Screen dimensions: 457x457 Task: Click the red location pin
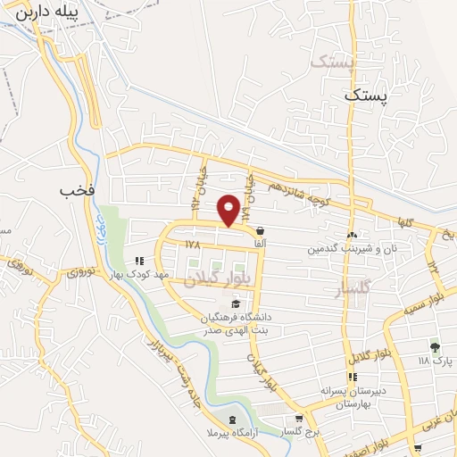click(229, 210)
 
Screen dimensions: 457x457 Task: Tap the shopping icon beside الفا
click(260, 230)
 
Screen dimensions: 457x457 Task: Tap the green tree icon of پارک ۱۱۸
click(435, 347)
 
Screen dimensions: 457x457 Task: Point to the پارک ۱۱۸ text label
click(436, 361)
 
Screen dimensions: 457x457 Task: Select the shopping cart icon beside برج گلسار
click(298, 417)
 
